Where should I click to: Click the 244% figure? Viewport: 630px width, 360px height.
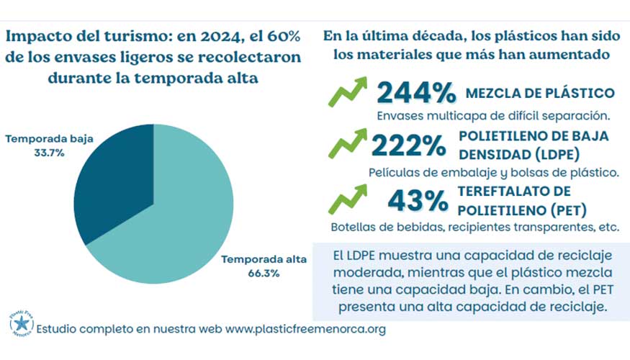pos(416,94)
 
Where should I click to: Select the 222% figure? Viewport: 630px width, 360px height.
pos(408,147)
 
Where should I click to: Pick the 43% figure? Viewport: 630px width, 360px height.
pos(417,201)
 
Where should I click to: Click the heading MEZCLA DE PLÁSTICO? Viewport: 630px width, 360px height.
pos(540,93)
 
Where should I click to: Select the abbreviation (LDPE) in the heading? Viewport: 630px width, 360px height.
pos(557,153)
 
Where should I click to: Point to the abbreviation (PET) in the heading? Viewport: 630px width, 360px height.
pos(564,209)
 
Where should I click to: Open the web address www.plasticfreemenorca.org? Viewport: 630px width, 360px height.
pos(306,328)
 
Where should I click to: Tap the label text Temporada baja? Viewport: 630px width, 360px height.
pos(50,138)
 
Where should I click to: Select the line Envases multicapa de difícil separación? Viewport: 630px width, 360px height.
pos(493,116)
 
